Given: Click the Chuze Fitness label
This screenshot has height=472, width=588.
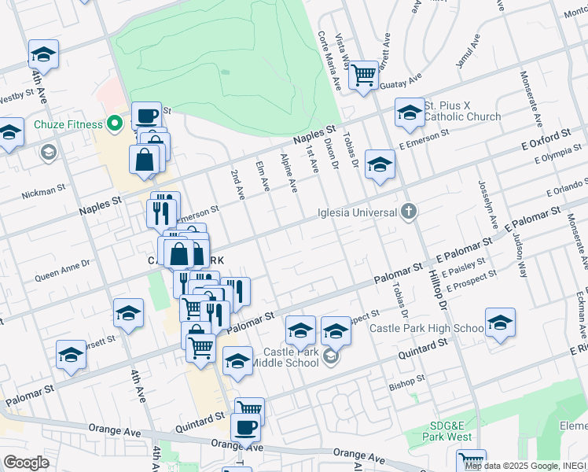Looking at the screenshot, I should (68, 124).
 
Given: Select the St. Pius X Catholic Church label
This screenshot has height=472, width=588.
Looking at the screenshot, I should (462, 111).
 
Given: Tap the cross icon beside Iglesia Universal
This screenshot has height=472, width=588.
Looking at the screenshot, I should (407, 210).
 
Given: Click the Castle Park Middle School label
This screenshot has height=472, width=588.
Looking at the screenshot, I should (292, 357).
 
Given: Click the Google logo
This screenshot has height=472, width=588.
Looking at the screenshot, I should (26, 463).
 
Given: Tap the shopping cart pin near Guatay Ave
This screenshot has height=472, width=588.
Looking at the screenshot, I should (362, 75).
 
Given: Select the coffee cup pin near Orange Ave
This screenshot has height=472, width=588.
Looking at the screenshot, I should (245, 427).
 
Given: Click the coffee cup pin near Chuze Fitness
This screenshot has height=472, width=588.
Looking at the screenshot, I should (146, 116).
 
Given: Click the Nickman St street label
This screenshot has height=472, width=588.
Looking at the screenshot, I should (44, 190).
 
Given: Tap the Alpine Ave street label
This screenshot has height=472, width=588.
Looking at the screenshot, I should (288, 172).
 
